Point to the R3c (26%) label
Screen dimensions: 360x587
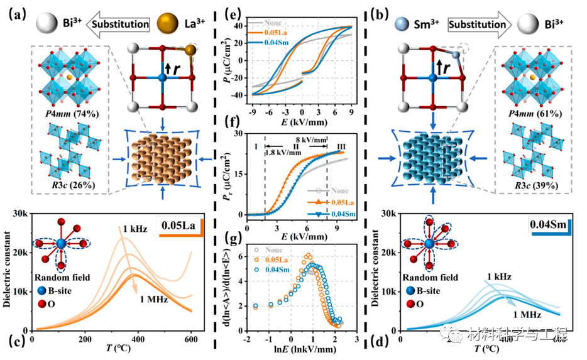tap(70, 184)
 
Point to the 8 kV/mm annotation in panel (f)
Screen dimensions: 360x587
tap(312, 140)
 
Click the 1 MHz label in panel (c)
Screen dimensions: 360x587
tap(151, 300)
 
